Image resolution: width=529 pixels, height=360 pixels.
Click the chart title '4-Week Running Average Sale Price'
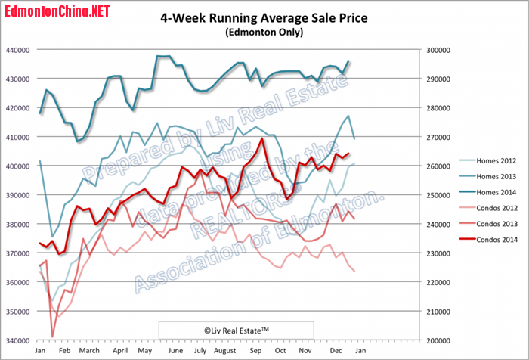pos(264,20)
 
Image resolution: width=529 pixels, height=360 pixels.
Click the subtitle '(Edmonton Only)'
pos(264,33)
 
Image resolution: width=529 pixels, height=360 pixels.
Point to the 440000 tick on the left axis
pos(18,50)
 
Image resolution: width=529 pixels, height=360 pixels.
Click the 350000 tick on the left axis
pos(18,312)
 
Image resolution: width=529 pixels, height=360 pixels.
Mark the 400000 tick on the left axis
pos(18,166)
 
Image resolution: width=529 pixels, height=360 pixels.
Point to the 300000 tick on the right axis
pos(435,50)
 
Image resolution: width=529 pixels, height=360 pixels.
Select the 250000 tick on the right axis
pos(435,195)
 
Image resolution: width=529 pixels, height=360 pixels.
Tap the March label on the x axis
pos(90,351)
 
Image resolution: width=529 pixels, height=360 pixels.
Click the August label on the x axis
pos(227,351)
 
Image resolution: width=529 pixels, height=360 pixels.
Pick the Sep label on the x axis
pos(255,351)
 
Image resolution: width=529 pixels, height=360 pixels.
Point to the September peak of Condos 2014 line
pos(261,138)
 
